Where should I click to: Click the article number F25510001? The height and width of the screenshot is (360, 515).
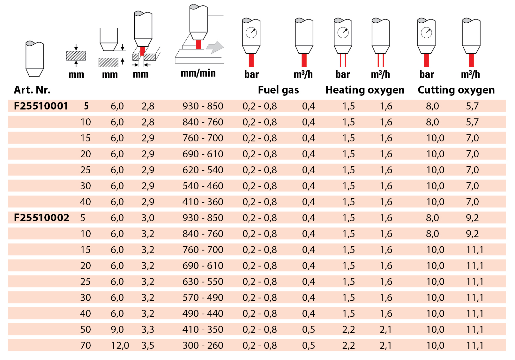(41, 106)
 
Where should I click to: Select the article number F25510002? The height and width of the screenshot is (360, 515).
(41, 218)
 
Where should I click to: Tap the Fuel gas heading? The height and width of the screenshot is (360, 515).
(278, 90)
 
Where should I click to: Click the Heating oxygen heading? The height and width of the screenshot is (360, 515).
(365, 90)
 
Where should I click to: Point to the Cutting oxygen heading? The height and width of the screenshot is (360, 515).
(456, 90)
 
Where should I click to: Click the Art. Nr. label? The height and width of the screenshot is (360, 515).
(32, 90)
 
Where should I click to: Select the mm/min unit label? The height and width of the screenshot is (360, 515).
(198, 73)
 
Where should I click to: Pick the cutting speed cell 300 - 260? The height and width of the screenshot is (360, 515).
(203, 345)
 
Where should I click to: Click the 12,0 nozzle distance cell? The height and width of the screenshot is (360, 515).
(120, 345)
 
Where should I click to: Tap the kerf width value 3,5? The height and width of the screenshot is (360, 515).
(148, 345)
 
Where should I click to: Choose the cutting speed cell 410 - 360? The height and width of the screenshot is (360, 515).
(203, 202)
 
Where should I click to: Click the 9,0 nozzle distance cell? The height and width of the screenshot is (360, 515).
(117, 329)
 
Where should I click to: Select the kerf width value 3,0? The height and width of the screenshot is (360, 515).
(148, 218)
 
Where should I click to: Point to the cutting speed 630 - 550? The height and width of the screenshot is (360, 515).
(203, 281)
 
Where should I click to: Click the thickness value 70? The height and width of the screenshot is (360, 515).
(86, 345)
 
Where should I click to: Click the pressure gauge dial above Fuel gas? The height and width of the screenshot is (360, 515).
(251, 33)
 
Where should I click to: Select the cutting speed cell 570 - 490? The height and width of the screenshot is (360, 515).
(203, 297)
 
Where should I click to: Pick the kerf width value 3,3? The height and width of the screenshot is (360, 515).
(148, 329)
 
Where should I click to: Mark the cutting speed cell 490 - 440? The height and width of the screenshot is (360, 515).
(203, 313)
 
